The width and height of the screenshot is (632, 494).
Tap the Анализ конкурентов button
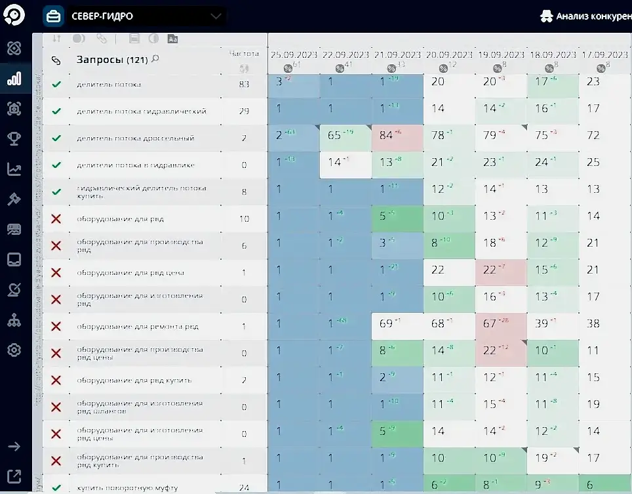586,16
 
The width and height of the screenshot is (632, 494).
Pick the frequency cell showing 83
244,84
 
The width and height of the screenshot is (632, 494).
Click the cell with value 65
336,136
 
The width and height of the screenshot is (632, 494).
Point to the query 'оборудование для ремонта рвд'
137,327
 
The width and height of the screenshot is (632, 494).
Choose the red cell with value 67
490,324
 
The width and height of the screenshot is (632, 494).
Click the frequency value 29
244,112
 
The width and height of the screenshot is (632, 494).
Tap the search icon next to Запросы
155,59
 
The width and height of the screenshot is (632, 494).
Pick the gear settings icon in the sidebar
14,350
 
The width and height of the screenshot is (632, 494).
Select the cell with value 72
593,136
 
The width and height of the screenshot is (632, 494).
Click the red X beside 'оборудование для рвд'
56,218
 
